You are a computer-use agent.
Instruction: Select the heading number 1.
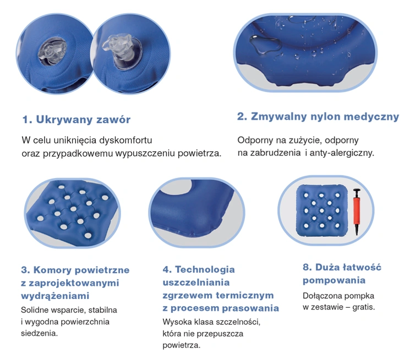pyautogui.click(x=25, y=119)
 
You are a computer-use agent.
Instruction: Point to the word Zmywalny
pyautogui.click(x=277, y=117)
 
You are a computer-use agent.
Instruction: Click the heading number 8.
pyautogui.click(x=308, y=268)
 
